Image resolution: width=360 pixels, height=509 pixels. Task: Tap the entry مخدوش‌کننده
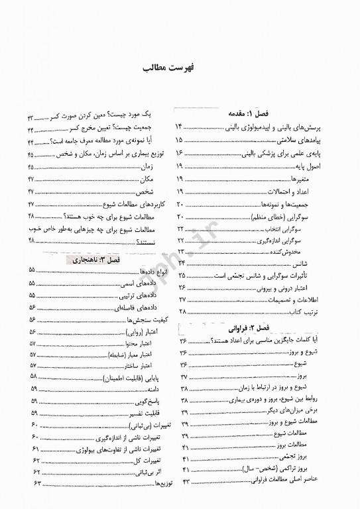[306, 253]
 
